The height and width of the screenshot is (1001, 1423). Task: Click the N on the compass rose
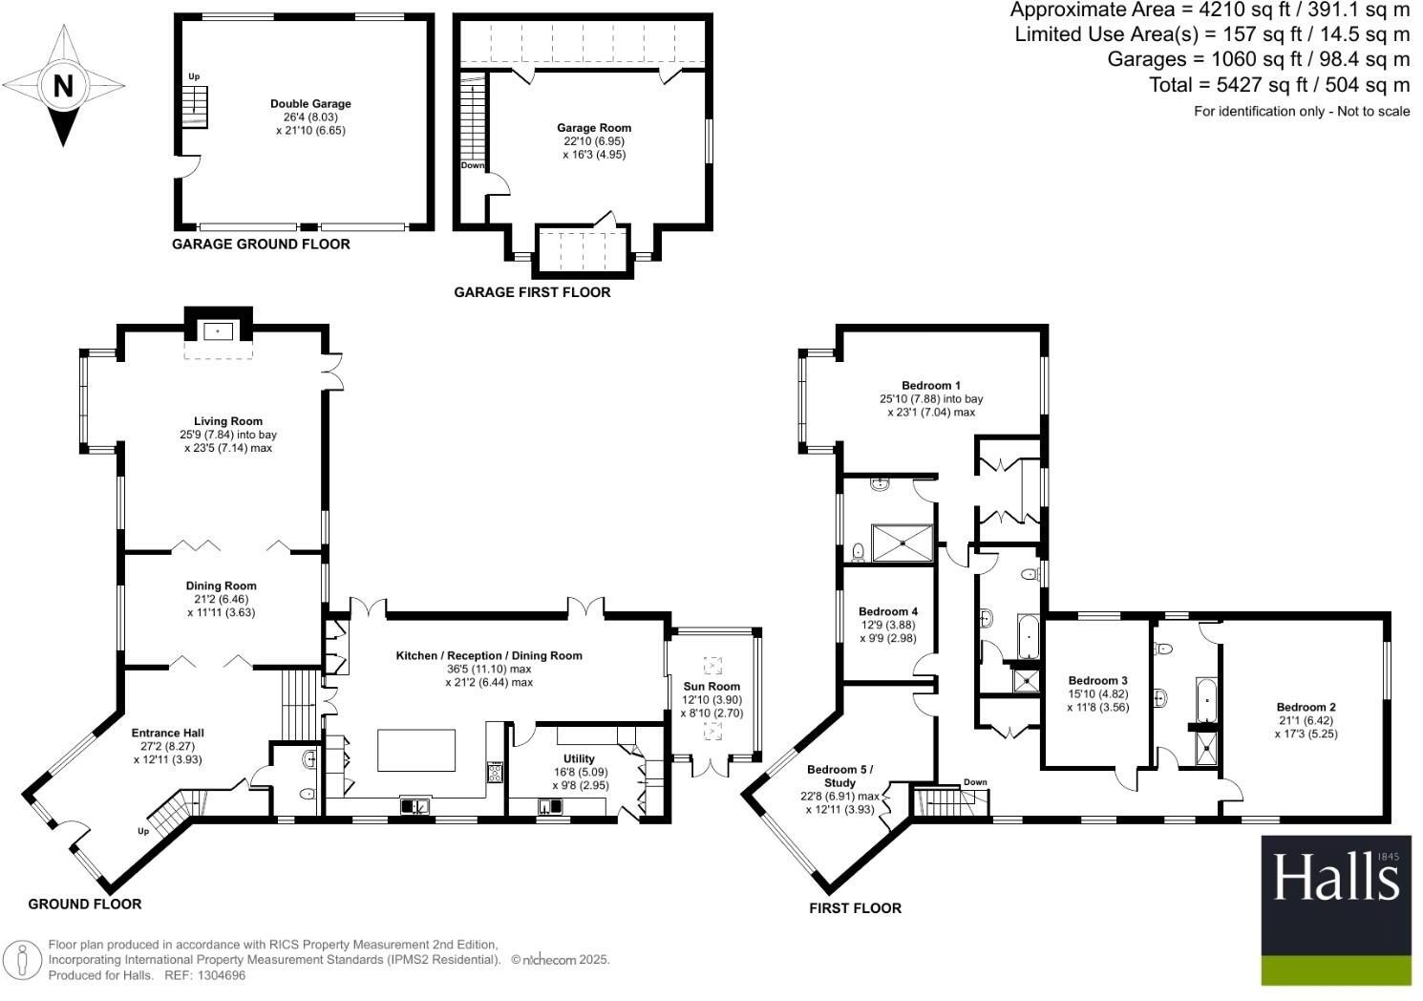click(x=63, y=87)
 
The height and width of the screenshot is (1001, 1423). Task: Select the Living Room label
click(x=227, y=421)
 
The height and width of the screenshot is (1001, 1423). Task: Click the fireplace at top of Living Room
click(x=219, y=330)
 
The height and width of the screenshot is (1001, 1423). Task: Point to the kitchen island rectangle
click(x=416, y=750)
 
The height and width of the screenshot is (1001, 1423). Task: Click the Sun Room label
click(x=711, y=686)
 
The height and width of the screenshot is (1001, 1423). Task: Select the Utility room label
click(x=579, y=759)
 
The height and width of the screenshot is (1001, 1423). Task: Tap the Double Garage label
click(x=310, y=104)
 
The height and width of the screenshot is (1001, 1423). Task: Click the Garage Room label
click(x=594, y=128)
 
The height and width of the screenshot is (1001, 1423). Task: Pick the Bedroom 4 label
click(x=888, y=612)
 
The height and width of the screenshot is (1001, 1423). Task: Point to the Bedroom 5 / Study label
click(x=839, y=776)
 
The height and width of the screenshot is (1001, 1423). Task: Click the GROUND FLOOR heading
click(x=85, y=904)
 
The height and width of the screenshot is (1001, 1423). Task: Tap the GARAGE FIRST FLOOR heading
click(x=532, y=292)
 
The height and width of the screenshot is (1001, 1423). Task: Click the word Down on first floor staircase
click(x=975, y=782)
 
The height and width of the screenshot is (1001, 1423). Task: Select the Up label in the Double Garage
click(x=194, y=76)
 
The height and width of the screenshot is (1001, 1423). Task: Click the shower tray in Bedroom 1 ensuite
click(x=902, y=543)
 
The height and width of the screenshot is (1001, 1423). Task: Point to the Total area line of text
click(x=1279, y=85)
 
